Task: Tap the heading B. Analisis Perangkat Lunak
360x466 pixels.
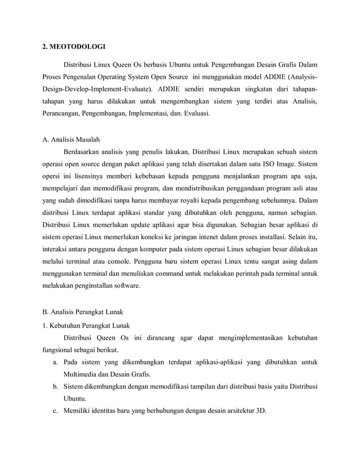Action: coord(83,310)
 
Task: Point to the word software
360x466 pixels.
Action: coord(125,286)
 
